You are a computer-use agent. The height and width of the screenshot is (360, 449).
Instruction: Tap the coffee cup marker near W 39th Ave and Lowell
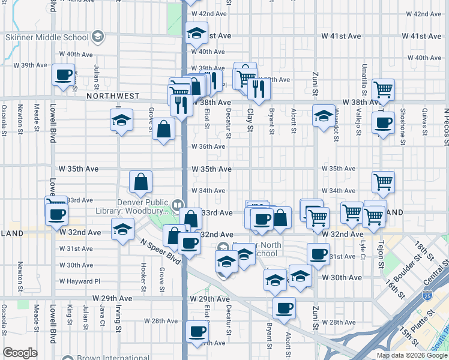point(62,76)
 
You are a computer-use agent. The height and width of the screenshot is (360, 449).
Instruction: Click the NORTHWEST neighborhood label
point(113,96)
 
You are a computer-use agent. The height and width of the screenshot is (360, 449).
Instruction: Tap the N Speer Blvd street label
point(160,253)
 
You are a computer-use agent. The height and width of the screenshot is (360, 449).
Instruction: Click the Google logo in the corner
point(20,353)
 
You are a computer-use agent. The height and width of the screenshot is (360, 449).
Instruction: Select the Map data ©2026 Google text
point(411,355)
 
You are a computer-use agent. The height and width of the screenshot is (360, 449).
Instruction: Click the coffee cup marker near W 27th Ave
point(197,331)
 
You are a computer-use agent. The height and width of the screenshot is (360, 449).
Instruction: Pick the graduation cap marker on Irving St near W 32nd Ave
point(122,229)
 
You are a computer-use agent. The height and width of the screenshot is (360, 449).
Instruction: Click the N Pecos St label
point(446,126)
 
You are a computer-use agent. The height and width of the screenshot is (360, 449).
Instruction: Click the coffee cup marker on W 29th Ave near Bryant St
point(284,308)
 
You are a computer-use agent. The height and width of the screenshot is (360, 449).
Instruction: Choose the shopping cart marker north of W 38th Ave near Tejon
point(383,90)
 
